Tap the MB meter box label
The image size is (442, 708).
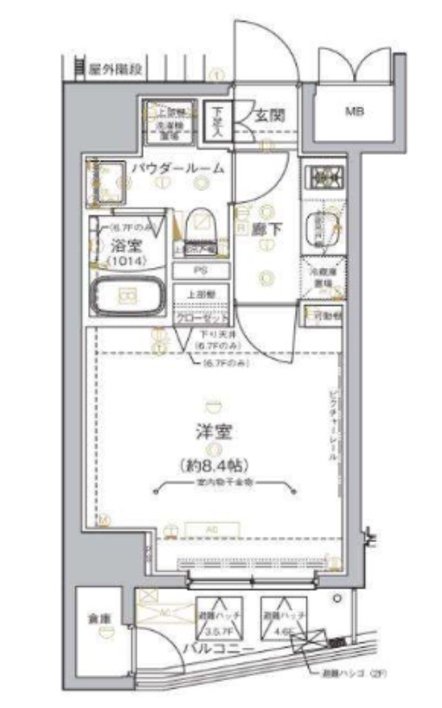point(354,111)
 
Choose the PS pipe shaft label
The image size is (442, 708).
point(202,271)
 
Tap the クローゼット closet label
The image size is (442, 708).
point(202,316)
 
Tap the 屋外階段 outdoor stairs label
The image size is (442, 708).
point(115,69)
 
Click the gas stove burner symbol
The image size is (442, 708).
point(324,177)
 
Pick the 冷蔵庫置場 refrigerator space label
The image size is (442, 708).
point(323,277)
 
